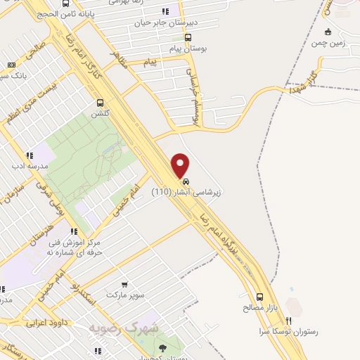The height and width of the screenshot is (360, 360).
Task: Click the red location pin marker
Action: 181,165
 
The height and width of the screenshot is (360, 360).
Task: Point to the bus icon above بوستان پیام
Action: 187,38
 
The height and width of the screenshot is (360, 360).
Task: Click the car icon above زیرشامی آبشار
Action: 185,181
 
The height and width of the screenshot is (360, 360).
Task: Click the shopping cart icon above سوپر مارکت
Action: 124,285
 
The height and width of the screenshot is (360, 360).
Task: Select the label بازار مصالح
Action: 261,307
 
